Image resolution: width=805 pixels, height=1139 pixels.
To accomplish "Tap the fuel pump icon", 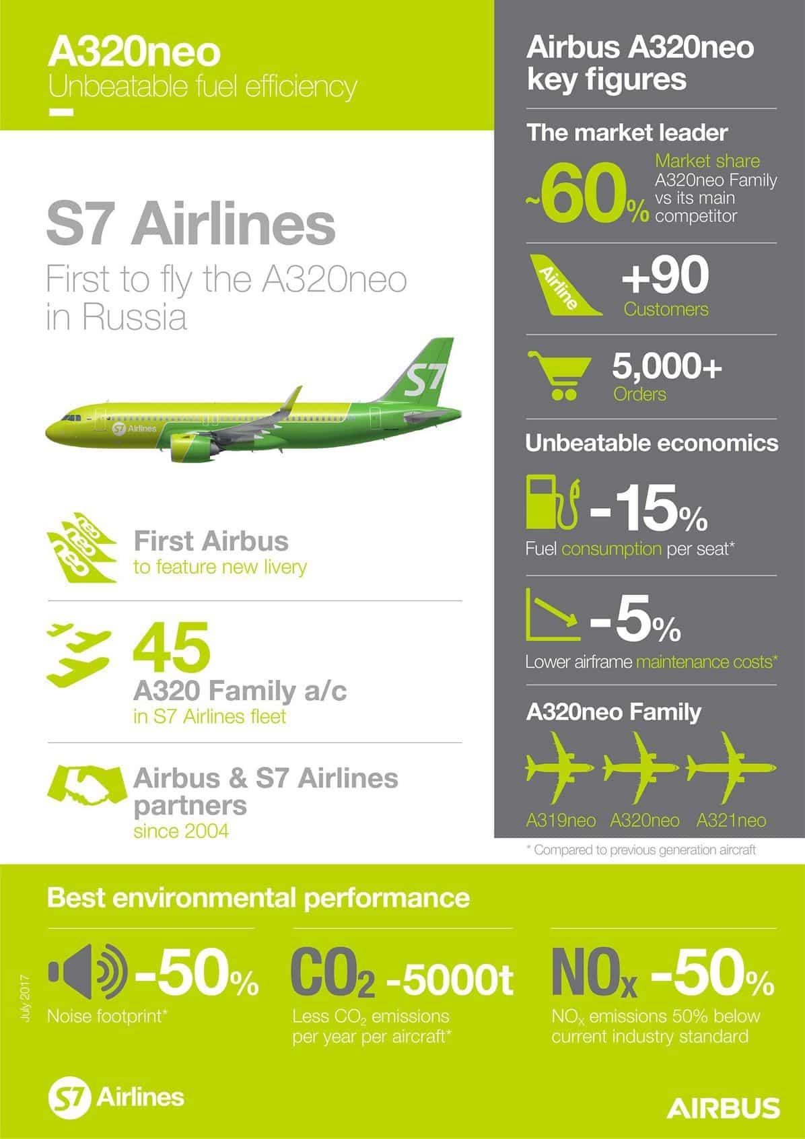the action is [x=553, y=503].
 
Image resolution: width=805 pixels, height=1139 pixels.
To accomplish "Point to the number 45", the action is [x=172, y=648].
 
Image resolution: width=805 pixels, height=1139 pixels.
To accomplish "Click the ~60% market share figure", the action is [x=588, y=195].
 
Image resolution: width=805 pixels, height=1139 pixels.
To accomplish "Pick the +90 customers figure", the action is [x=665, y=274].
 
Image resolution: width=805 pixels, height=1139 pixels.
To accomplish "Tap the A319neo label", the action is [x=561, y=820].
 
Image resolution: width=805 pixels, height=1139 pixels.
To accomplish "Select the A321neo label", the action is [x=731, y=820].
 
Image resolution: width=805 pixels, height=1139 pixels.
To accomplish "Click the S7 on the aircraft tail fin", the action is [x=423, y=379].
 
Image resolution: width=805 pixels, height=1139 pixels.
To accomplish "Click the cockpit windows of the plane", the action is [x=71, y=418].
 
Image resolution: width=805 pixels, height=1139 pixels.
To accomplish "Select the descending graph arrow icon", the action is [x=553, y=614].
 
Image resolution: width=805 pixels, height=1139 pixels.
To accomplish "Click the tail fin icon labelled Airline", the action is [x=565, y=285].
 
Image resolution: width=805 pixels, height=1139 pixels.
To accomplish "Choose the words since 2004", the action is [x=181, y=832].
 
